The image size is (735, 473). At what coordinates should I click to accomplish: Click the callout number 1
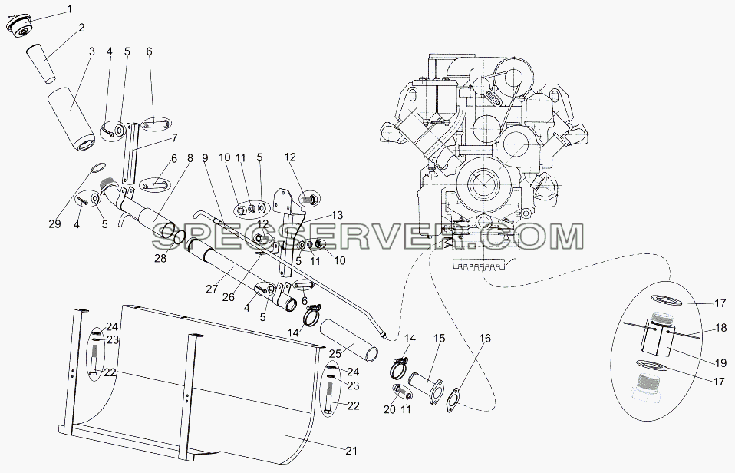point(69,8)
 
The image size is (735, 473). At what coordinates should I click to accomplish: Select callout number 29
point(54,224)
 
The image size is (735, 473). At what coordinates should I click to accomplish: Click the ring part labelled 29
point(97,167)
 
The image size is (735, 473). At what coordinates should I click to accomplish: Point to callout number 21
point(351,451)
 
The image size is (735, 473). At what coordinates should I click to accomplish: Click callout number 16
point(485,339)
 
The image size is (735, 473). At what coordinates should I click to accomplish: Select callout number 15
point(439,339)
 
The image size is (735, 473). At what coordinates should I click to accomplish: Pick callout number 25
point(348,349)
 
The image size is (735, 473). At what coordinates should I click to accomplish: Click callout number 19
point(720,362)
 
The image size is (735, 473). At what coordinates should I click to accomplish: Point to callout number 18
point(721,328)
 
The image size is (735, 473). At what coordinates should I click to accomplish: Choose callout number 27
point(212,289)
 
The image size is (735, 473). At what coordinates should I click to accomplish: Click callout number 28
point(160,258)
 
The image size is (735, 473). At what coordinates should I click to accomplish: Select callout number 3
point(91,51)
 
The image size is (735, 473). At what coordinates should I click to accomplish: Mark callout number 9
point(204,157)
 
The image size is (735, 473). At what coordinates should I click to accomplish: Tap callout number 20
point(390,409)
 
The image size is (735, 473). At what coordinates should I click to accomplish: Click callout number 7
point(174,138)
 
